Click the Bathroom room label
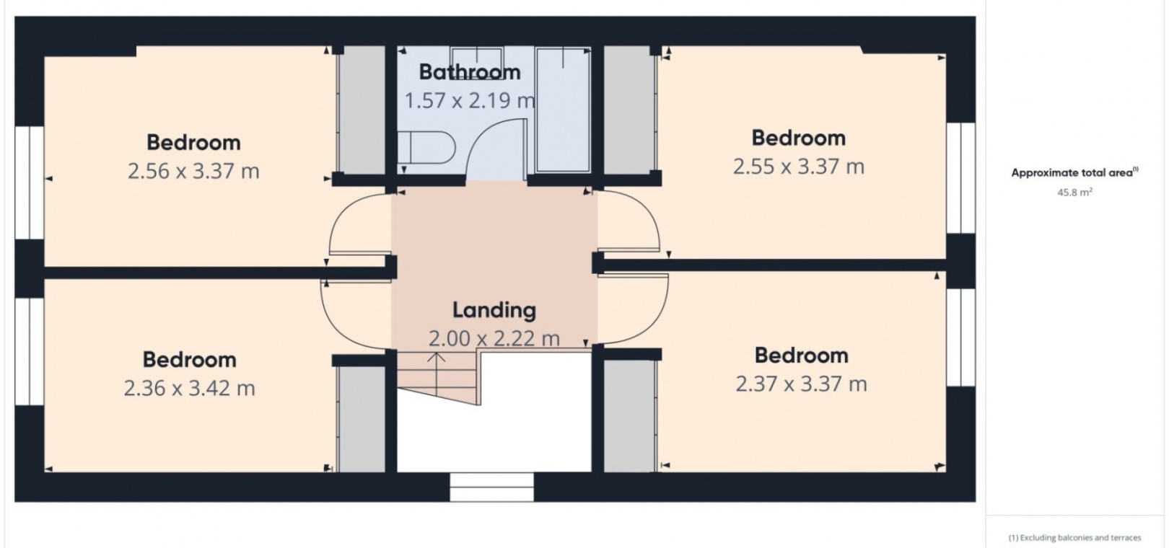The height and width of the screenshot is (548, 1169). (470, 72)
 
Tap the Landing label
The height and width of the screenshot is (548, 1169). (494, 310)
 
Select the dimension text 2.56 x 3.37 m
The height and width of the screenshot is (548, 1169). (193, 171)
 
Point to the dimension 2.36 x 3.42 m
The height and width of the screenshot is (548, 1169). (190, 388)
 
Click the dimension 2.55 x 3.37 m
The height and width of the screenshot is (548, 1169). (799, 167)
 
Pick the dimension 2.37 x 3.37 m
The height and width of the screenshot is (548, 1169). (801, 384)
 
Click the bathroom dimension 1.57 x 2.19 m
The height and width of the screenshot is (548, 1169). (470, 101)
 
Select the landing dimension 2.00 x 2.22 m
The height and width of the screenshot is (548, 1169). (494, 339)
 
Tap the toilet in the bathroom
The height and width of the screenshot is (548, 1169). (426, 148)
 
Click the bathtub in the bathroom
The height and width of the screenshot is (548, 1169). (563, 110)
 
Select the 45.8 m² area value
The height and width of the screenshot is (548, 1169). (1074, 192)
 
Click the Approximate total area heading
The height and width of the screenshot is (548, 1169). (1074, 172)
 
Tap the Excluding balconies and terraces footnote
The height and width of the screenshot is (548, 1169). (1074, 538)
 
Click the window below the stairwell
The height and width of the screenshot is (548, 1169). (491, 487)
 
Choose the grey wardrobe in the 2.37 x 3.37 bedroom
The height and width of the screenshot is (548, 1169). (630, 416)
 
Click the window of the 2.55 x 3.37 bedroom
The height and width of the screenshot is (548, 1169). (960, 178)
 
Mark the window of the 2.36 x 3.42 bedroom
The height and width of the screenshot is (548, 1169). (29, 351)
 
